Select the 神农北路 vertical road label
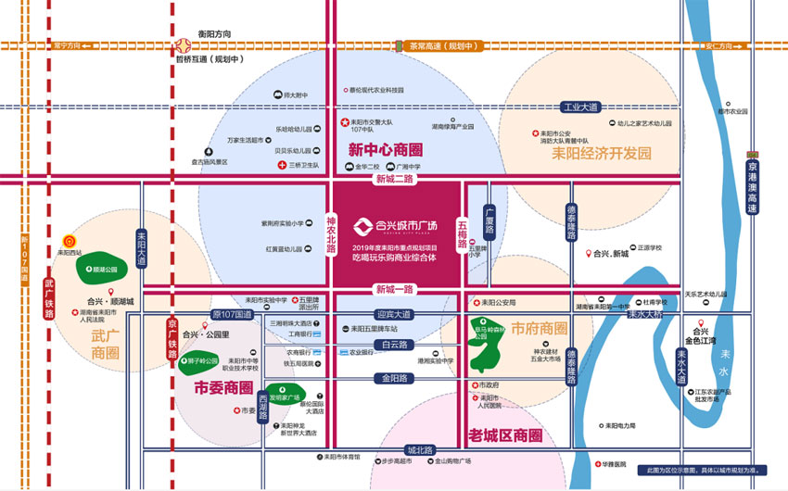pyautogui.click(x=331, y=234)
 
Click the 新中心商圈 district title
pyautogui.click(x=386, y=150)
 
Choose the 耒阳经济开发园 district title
pyautogui.click(x=601, y=153)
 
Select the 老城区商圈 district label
pyautogui.click(x=504, y=434)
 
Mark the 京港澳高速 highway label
pyautogui.click(x=752, y=189)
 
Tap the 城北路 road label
pyautogui.click(x=420, y=450)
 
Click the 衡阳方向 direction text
pyautogui.click(x=214, y=34)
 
